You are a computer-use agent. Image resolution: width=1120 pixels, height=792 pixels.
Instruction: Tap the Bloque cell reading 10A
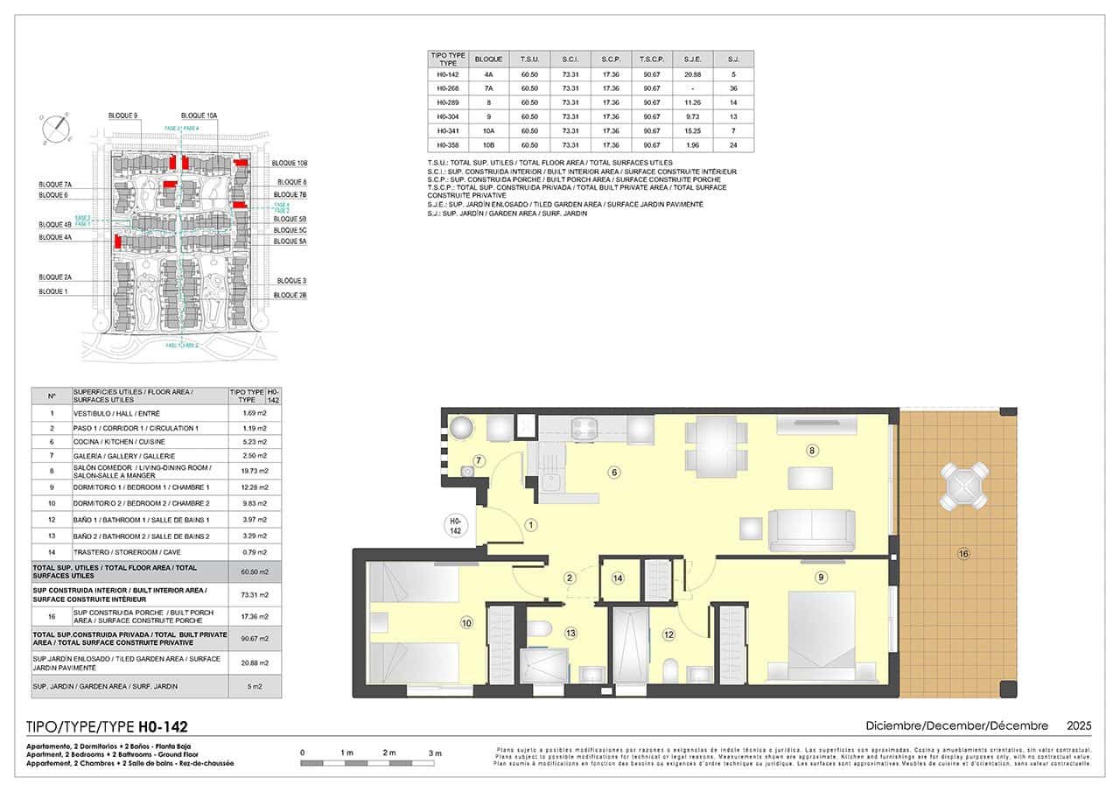[488, 130]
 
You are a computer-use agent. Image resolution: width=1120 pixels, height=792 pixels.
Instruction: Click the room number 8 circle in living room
[812, 451]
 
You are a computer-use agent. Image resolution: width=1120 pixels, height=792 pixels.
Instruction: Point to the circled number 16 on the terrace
[962, 553]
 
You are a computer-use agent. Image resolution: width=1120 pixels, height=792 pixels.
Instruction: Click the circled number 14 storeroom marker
[618, 578]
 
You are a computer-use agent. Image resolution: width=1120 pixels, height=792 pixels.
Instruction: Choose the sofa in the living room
[811, 529]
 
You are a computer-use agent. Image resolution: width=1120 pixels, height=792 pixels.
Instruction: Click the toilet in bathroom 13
[538, 629]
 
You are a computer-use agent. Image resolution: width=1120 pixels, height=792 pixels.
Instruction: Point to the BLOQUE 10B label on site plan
[290, 164]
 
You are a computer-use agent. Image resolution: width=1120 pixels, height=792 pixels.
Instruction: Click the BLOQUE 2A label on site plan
[55, 277]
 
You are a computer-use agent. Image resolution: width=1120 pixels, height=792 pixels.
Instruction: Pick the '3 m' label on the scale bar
[435, 753]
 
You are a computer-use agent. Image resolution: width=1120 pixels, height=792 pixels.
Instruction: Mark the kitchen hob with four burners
[584, 428]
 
